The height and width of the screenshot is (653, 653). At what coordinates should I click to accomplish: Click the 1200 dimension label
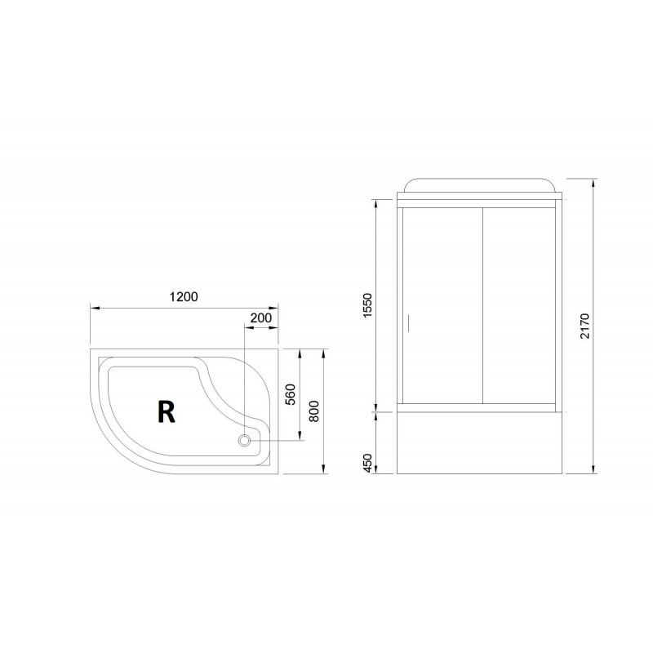point(184,296)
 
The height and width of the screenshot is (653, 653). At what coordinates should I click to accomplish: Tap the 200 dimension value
point(260,318)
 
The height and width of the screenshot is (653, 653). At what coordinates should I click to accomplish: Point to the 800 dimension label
point(314,411)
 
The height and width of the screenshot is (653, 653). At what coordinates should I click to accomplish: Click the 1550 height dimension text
point(366,305)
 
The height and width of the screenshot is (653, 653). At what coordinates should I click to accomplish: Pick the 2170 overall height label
point(584,326)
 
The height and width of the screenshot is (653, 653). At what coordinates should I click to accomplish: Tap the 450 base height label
point(366,463)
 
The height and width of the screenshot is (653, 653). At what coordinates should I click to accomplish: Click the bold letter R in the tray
point(167,411)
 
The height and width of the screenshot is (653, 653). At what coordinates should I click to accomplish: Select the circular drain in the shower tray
point(244,440)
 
